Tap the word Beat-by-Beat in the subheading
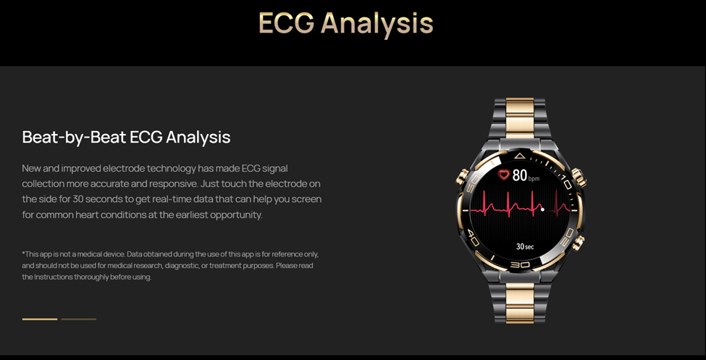[x=74, y=137]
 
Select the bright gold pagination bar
[x=40, y=319]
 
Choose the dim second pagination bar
[x=79, y=319]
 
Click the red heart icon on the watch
[x=504, y=175]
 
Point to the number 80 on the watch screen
[x=520, y=175]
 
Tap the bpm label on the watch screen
[x=534, y=178]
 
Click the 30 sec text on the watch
[x=524, y=246]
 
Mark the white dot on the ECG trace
[x=542, y=209]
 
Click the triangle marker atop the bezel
[x=520, y=156]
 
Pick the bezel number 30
[x=520, y=264]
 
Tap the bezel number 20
[x=568, y=235]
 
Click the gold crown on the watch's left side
[x=462, y=177]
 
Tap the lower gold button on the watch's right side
[x=578, y=243]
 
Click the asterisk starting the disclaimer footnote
[x=23, y=254]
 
